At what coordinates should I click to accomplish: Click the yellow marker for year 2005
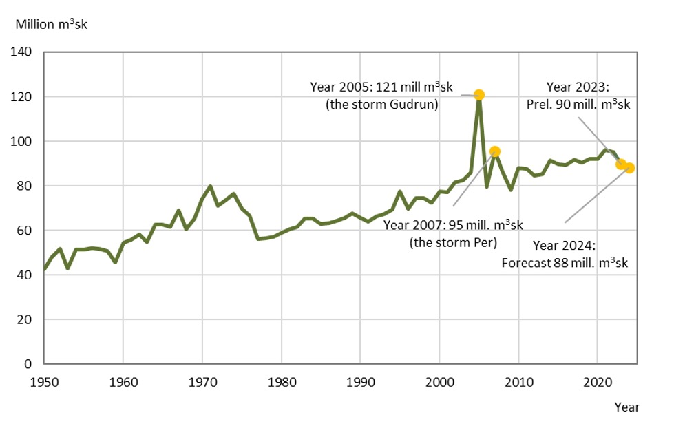point(479,95)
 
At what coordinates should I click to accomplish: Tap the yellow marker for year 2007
point(495,151)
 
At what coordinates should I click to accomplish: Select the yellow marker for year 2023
point(621,164)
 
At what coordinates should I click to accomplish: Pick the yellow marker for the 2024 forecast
point(629,168)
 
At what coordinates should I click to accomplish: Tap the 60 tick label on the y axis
point(25,231)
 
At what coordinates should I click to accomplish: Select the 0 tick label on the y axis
point(29,364)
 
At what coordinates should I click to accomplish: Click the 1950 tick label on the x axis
point(44,380)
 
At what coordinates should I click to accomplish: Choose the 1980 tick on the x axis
point(281,380)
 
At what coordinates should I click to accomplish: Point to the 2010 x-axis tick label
point(518,380)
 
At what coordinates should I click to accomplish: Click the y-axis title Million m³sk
point(52,25)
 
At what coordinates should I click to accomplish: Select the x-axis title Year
point(627,407)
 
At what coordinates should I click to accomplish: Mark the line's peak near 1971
point(210,186)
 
